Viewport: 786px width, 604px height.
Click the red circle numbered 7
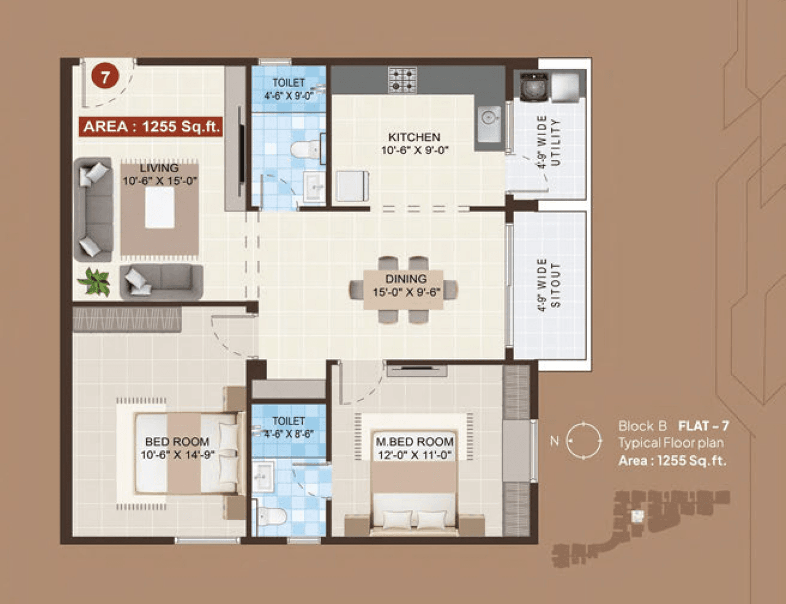tap(105, 77)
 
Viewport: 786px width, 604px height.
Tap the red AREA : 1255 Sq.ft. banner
tap(150, 127)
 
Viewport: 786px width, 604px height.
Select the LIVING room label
tap(159, 168)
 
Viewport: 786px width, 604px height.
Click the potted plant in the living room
tap(94, 281)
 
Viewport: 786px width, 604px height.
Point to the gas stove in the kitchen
tap(402, 80)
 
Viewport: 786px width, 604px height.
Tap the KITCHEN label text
tap(414, 137)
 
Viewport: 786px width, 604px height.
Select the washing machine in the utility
tap(534, 86)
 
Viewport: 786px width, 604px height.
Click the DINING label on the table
tap(406, 279)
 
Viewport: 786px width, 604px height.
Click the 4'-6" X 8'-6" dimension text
tap(289, 434)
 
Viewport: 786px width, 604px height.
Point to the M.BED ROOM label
tap(414, 442)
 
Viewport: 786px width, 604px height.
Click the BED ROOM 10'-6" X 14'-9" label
tap(177, 448)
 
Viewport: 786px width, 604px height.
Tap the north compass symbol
tap(583, 441)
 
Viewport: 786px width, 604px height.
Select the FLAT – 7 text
tap(703, 426)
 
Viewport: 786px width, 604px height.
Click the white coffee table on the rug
tap(159, 207)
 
